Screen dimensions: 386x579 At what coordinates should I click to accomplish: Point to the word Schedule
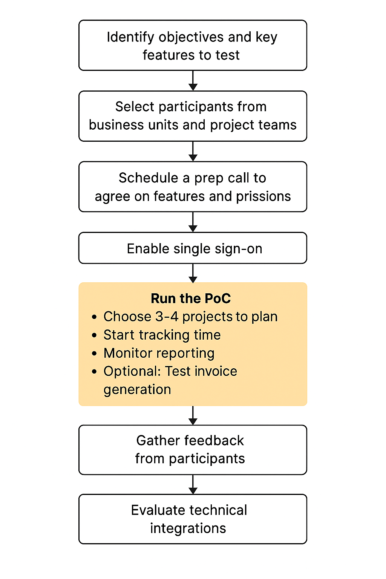click(149, 178)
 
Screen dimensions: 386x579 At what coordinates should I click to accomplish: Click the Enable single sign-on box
click(193, 248)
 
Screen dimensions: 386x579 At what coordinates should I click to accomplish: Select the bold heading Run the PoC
click(191, 299)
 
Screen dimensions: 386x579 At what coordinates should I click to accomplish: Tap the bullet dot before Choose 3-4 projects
click(94, 317)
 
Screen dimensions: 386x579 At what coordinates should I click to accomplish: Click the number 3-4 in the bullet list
click(167, 317)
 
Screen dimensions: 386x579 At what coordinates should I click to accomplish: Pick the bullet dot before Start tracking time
click(94, 335)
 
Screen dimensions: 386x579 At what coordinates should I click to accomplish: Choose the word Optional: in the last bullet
click(132, 371)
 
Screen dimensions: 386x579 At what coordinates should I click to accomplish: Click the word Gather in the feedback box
click(158, 440)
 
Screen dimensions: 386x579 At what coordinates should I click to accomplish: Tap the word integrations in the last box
click(188, 528)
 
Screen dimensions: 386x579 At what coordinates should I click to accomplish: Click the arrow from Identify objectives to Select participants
click(193, 81)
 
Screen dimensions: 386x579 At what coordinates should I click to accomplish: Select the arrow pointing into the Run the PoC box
click(193, 273)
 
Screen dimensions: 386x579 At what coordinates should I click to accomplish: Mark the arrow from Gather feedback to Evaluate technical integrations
click(193, 484)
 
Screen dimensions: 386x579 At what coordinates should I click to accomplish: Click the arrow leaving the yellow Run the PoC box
click(193, 415)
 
